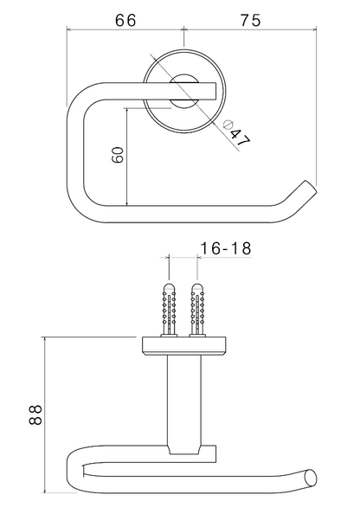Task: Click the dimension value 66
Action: [125, 20]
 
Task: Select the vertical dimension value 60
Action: [116, 157]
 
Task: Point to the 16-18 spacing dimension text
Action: [225, 248]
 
